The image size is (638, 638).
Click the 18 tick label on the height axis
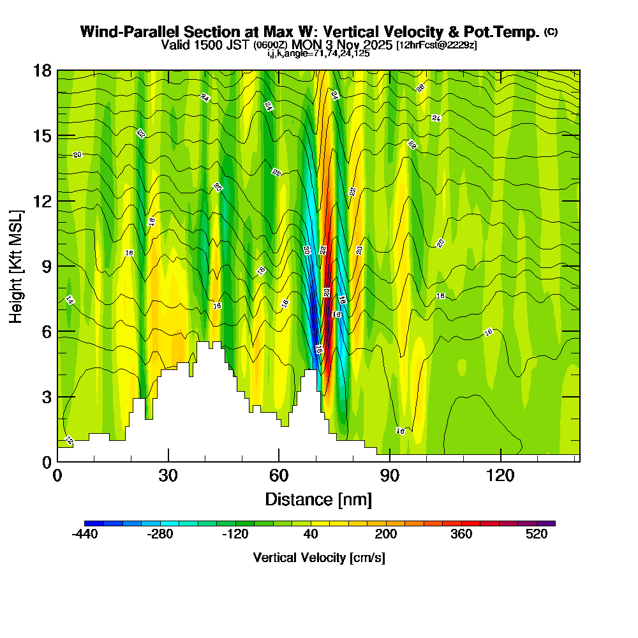(x=41, y=70)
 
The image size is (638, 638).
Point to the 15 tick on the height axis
(x=57, y=136)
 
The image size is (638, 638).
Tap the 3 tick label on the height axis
(x=45, y=397)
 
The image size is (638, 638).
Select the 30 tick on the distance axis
(x=168, y=461)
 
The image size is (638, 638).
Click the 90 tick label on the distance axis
(x=390, y=475)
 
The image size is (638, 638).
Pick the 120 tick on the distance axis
(x=501, y=461)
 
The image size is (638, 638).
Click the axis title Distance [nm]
(x=318, y=499)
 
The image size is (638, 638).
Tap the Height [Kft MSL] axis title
(x=16, y=265)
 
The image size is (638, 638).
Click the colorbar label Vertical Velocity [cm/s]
(x=319, y=558)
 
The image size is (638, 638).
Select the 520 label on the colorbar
(x=537, y=535)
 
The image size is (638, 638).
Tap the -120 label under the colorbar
(x=235, y=535)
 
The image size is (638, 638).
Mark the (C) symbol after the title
(x=551, y=32)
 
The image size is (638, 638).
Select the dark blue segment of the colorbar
(x=89, y=523)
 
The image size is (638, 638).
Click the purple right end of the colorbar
(x=551, y=523)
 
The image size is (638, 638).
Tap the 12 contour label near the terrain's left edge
(x=70, y=441)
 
